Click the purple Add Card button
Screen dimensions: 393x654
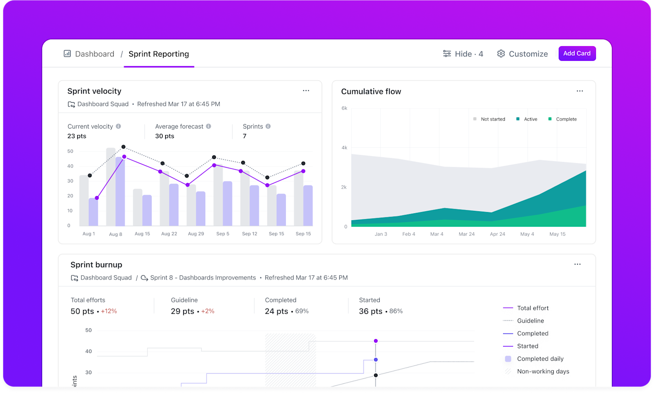(x=577, y=54)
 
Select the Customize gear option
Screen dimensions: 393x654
(x=522, y=54)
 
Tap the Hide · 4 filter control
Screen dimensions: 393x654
(x=463, y=54)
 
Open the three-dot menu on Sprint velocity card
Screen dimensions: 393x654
(x=306, y=91)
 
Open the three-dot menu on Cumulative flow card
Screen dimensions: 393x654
(x=580, y=91)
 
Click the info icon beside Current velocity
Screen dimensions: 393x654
(x=119, y=126)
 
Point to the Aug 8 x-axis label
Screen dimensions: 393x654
(x=115, y=234)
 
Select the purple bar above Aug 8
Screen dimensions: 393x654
(x=120, y=192)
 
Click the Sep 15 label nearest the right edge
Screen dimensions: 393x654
(x=303, y=234)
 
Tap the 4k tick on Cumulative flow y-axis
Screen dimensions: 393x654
(x=344, y=147)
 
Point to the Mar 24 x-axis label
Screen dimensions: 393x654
(x=466, y=234)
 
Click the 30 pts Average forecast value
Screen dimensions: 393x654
(x=164, y=136)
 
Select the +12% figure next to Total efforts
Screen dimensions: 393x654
(x=109, y=311)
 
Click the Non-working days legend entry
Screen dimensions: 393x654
(x=542, y=371)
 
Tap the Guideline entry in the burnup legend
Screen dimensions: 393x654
(x=530, y=321)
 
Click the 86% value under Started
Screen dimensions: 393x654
(x=396, y=311)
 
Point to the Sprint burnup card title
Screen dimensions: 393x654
(x=96, y=265)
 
